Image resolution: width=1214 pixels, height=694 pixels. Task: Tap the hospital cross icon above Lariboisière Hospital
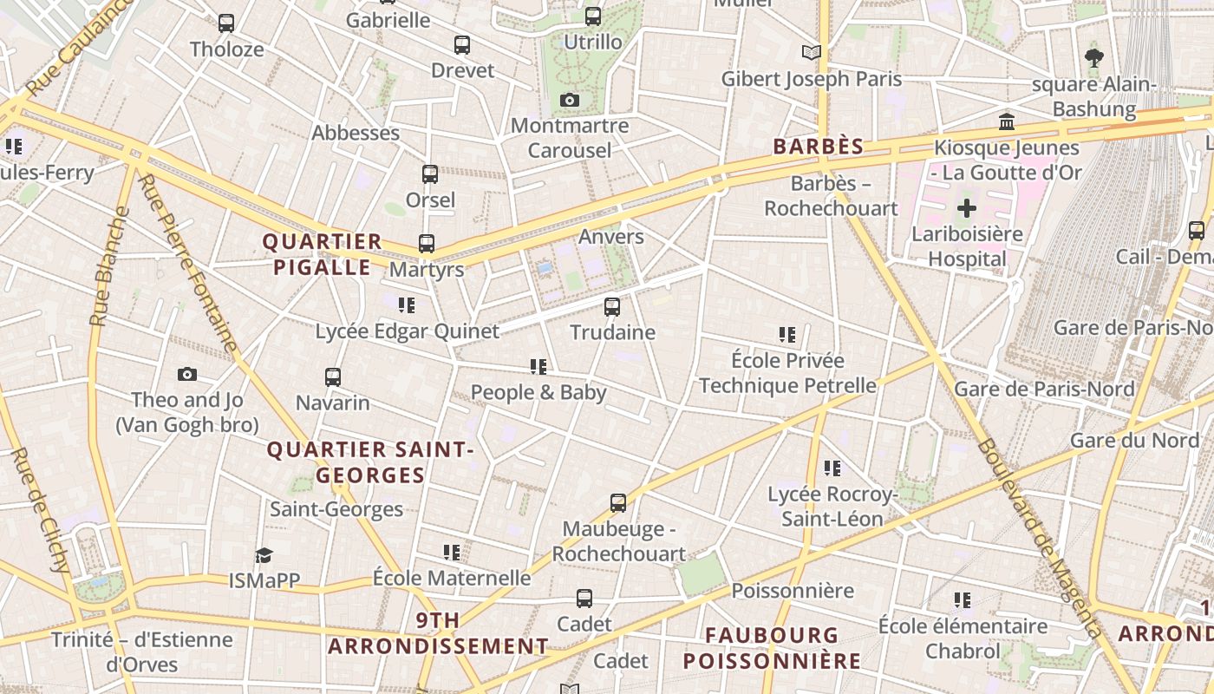(x=966, y=208)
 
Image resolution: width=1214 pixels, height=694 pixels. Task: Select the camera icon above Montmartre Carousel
(x=569, y=100)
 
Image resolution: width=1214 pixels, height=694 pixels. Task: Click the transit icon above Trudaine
(x=612, y=306)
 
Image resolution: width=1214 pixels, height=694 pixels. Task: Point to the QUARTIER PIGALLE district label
(x=322, y=254)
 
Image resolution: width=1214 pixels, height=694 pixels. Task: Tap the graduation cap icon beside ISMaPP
(x=264, y=555)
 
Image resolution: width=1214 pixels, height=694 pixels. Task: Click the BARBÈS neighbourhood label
(x=818, y=147)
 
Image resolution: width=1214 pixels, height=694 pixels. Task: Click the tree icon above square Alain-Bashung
(x=1093, y=58)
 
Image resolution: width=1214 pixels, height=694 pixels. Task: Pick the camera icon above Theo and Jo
(x=186, y=375)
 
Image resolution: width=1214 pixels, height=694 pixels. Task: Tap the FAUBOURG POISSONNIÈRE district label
(x=772, y=648)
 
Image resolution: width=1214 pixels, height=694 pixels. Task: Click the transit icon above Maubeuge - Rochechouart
(x=617, y=502)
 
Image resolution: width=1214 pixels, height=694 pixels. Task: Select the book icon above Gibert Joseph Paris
(x=811, y=53)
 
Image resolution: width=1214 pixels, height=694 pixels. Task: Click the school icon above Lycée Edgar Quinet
(x=406, y=304)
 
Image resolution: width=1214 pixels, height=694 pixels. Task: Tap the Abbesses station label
(x=356, y=133)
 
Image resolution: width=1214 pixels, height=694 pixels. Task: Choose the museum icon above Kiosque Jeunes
(x=1007, y=121)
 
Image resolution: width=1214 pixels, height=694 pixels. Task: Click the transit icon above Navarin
(x=333, y=377)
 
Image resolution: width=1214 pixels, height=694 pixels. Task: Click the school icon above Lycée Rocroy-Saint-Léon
(x=832, y=468)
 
